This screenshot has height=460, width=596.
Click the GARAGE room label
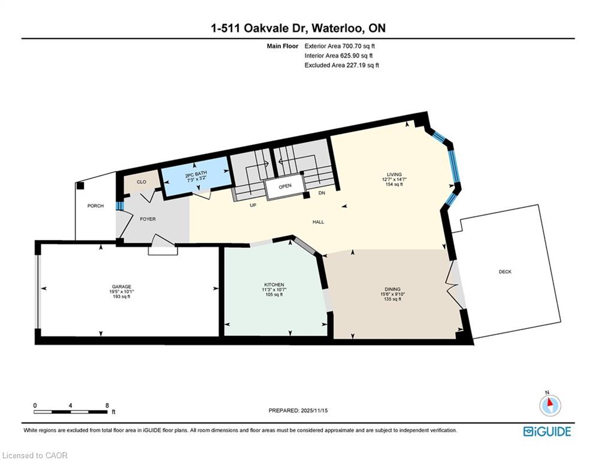[121, 287]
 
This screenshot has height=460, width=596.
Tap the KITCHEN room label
[274, 285]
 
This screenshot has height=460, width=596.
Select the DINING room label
[392, 289]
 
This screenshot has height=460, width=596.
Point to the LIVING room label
[394, 174]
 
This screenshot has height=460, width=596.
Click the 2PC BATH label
[196, 174]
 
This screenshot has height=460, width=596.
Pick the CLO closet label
[141, 182]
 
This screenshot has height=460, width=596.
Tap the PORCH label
[95, 205]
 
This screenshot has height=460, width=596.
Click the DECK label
[505, 272]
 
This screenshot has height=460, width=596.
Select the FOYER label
[148, 219]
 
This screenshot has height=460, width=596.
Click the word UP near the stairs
[253, 205]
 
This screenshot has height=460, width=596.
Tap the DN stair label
[322, 193]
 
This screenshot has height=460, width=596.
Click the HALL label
[318, 222]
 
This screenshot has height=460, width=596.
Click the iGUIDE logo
[547, 431]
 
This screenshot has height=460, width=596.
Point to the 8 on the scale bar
[107, 405]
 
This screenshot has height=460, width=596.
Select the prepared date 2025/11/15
[314, 410]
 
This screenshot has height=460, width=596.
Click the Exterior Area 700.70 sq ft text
[340, 46]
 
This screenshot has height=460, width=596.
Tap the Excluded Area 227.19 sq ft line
[341, 65]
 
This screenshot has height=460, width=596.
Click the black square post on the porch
[80, 186]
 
